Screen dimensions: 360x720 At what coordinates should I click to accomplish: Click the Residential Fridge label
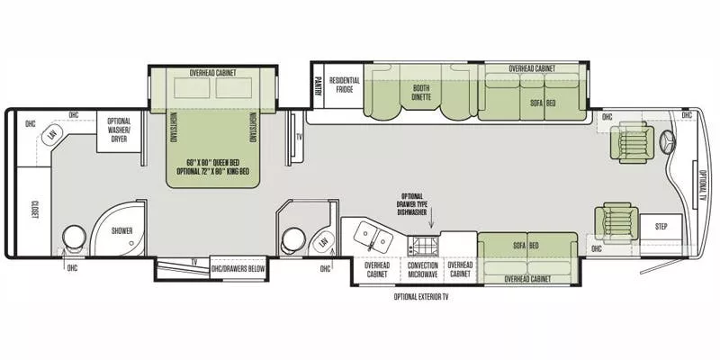point(344,85)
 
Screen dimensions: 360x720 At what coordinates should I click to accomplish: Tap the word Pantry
point(318,85)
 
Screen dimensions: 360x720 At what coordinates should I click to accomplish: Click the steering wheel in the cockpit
point(667,141)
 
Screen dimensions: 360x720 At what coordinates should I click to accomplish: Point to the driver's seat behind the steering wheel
point(627,141)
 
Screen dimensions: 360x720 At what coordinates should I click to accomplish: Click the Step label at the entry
point(661,227)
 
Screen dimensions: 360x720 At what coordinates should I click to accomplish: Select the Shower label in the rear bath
point(121,230)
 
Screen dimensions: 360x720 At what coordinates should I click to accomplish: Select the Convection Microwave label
point(422,269)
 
